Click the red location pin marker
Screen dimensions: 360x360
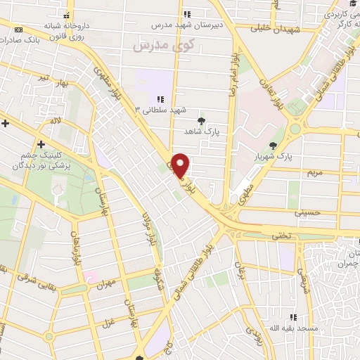pos(181,165)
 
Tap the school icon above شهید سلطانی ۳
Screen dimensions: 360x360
pos(161,100)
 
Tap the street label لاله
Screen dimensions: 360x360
pos(55,121)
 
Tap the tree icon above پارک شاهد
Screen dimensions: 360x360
pos(202,120)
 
